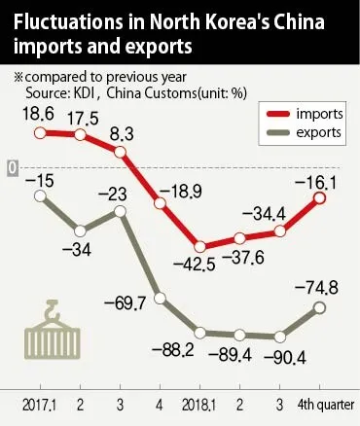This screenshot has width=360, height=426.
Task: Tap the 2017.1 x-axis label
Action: point(38,402)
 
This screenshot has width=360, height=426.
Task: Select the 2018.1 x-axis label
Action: point(199,402)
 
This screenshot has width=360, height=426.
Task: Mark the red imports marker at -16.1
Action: point(320,198)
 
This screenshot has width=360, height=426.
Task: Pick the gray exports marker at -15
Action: point(41,195)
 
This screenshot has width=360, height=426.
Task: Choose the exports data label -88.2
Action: point(176,349)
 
